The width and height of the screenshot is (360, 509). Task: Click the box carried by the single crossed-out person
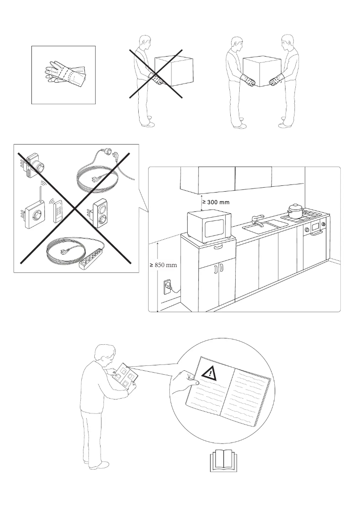[174, 70]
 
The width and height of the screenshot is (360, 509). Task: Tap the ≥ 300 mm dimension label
[216, 202]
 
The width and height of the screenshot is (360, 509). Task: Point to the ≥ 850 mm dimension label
[163, 265]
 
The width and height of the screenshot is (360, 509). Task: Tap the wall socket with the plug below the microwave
[167, 285]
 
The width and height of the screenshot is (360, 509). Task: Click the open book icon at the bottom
[223, 461]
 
